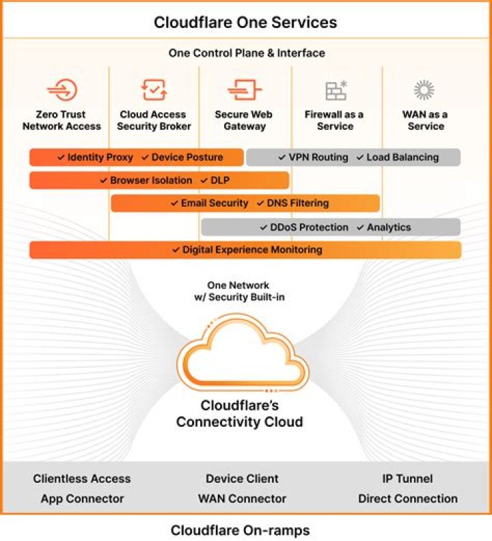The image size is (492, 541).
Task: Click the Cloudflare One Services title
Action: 245,22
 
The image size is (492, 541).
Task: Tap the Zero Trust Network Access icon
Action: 61,90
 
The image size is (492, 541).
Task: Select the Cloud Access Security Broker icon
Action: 154,90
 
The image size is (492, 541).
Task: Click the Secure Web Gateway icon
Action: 245,90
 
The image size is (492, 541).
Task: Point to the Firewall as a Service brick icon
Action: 336,90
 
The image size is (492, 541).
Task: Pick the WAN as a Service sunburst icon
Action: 424,90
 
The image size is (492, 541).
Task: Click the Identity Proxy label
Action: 100,157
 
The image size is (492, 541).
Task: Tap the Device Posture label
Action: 187,157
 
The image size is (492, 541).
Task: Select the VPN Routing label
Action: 318,157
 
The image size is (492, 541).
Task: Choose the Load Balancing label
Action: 402,157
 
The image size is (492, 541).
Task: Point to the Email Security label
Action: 214,203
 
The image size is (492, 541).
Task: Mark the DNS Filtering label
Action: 297,203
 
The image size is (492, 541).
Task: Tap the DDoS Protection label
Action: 309,227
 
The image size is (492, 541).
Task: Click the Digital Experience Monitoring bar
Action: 245,250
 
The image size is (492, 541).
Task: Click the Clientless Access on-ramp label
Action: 81,479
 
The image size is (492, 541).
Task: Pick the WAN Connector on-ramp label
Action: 242,499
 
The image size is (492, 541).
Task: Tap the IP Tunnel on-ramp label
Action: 407,479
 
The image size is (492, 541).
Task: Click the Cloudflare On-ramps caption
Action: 240,530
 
